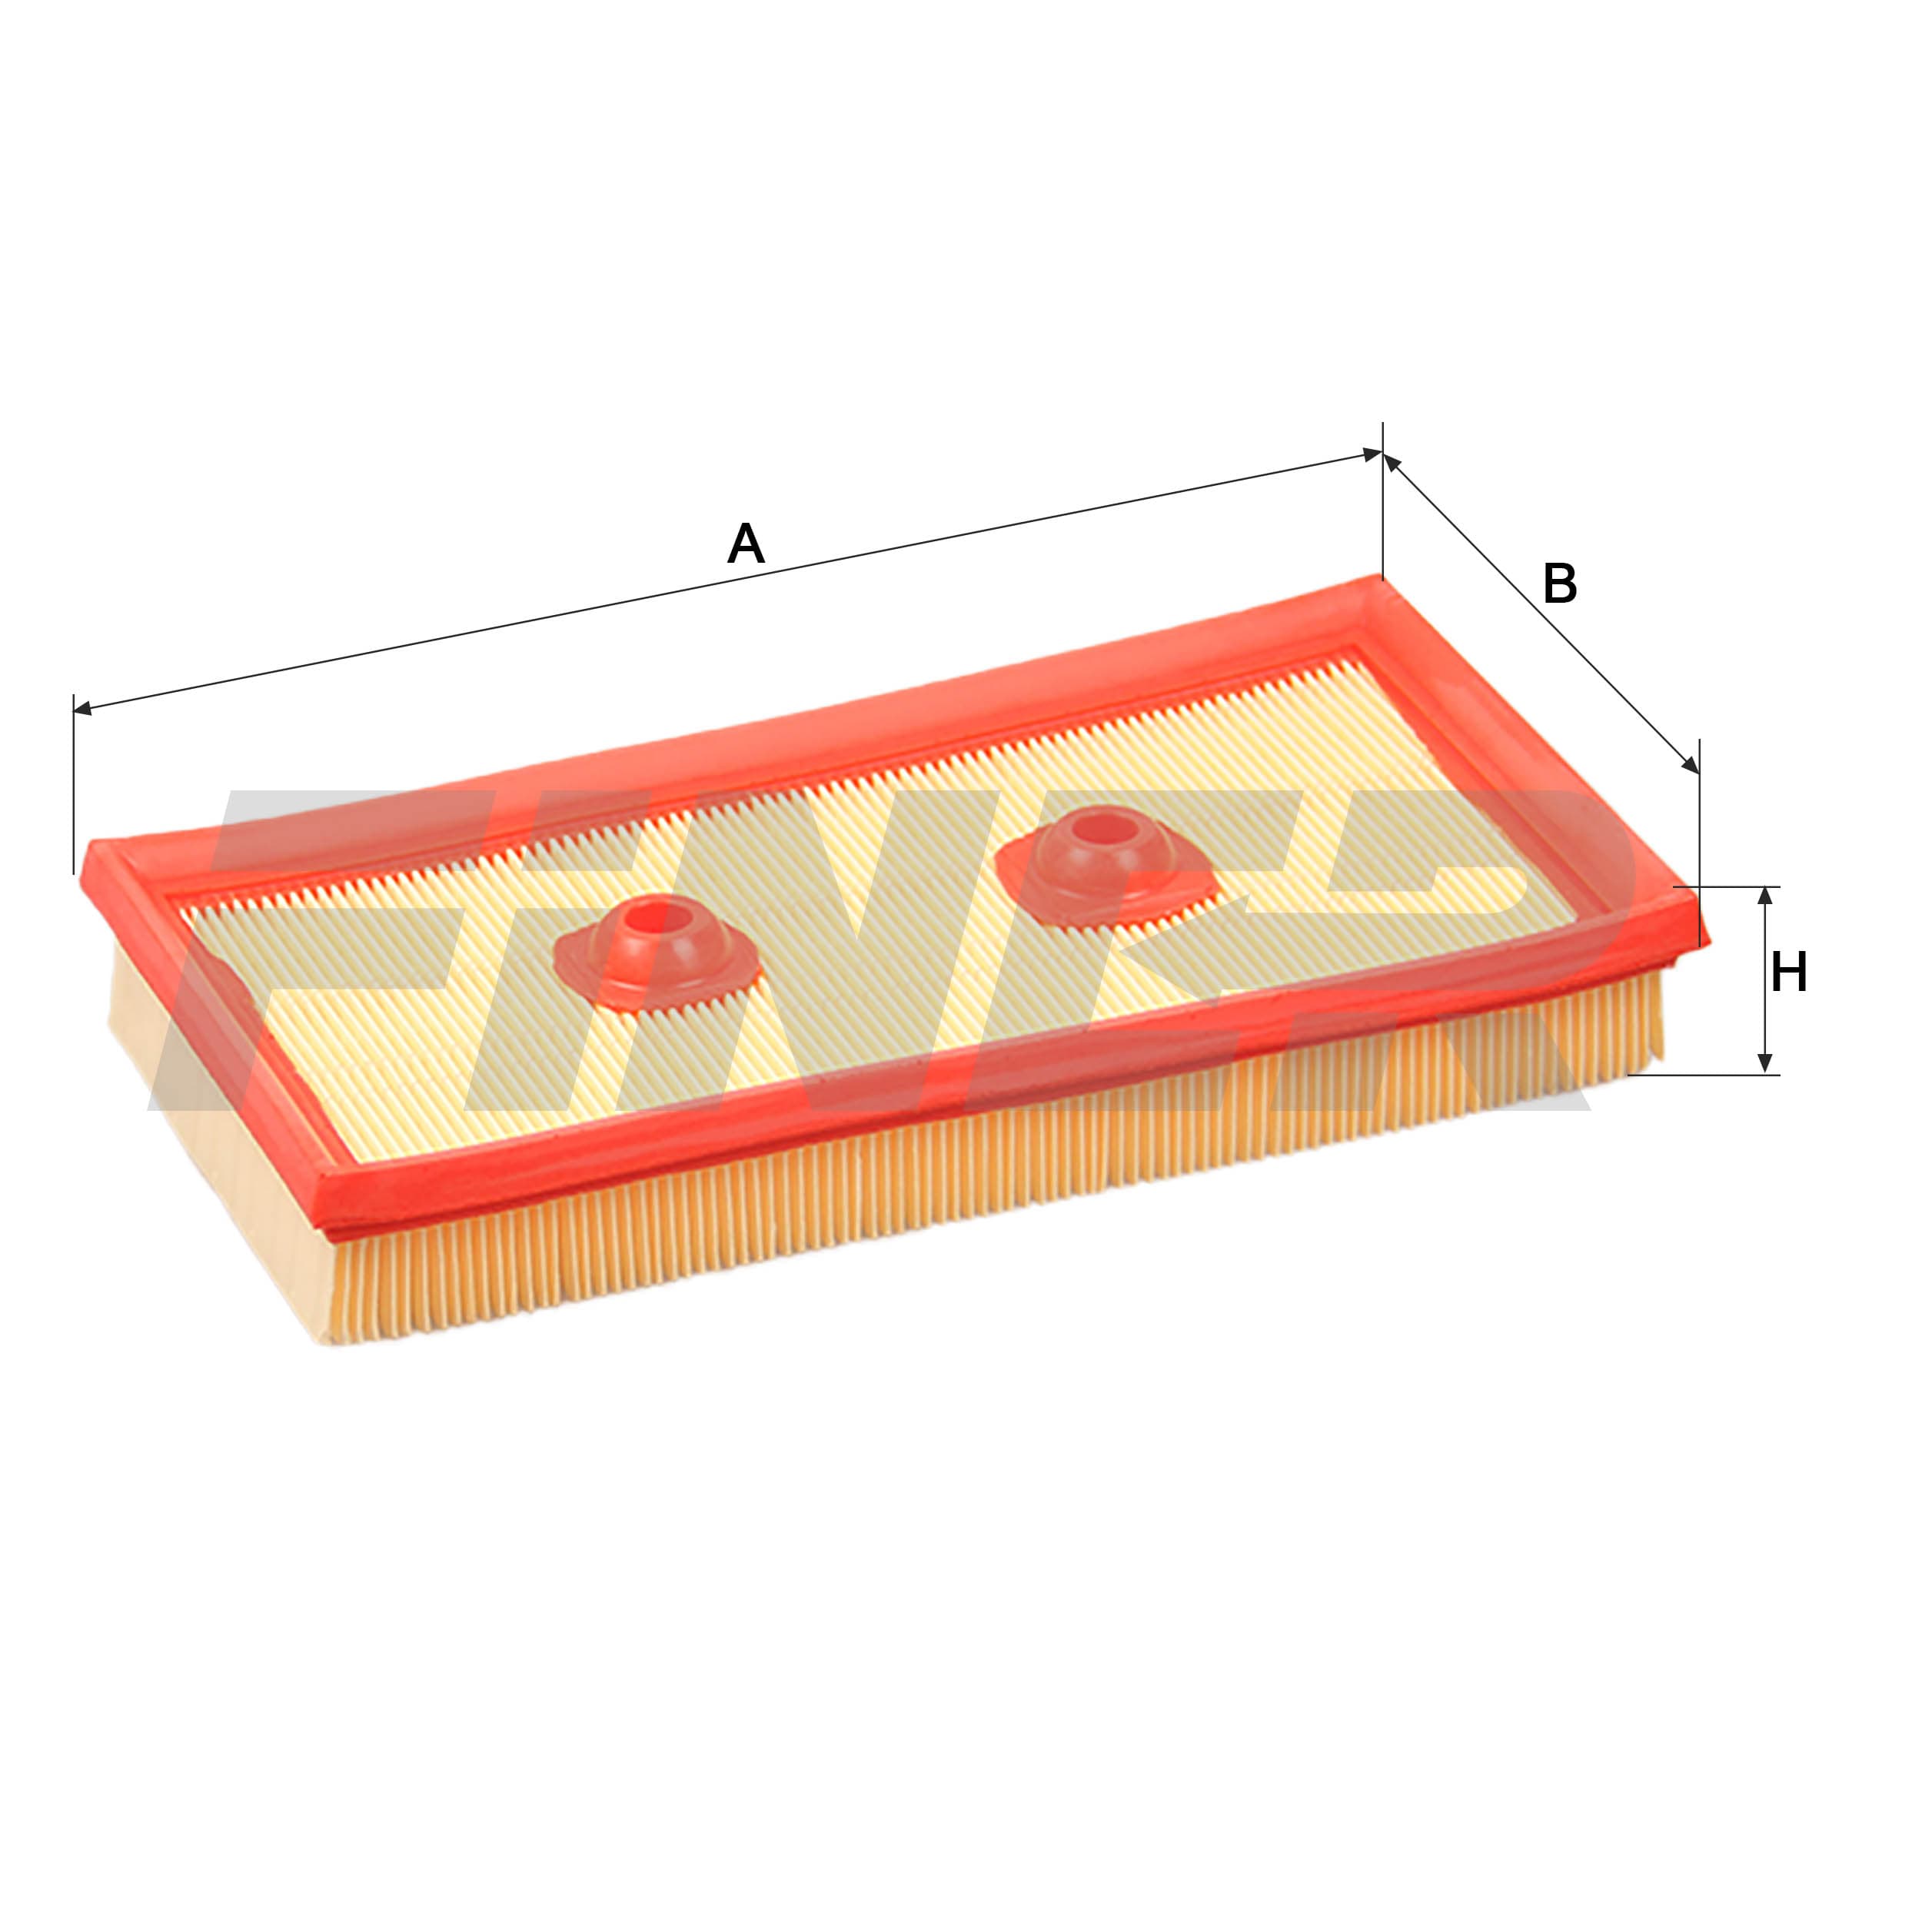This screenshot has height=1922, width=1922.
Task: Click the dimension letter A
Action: (x=745, y=544)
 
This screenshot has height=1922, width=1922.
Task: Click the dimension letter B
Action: (x=1559, y=584)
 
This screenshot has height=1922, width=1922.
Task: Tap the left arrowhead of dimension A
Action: (x=81, y=708)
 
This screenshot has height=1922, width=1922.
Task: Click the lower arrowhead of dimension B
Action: (x=1690, y=764)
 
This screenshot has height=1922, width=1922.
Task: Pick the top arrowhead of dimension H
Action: (x=1765, y=896)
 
